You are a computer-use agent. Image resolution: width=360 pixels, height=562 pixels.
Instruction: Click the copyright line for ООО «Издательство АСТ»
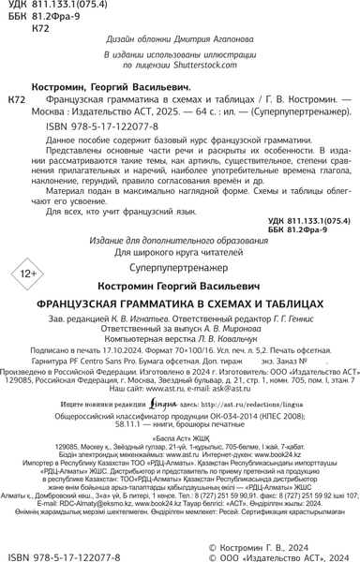tap(278, 555)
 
